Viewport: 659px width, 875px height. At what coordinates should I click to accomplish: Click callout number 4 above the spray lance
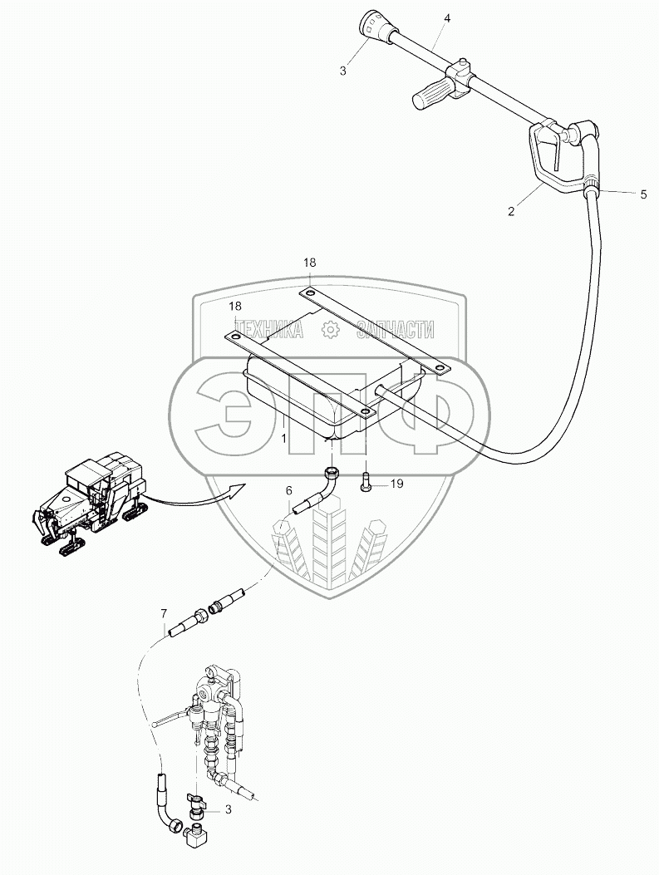point(448,17)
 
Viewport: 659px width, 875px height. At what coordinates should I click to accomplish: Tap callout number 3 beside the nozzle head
point(343,71)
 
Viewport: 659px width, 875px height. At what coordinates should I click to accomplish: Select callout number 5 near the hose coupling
point(642,194)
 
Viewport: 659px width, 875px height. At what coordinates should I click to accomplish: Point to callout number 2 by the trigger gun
point(512,211)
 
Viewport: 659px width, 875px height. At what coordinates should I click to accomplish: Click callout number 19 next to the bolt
point(396,483)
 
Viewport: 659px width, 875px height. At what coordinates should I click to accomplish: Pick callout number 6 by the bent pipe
point(289,491)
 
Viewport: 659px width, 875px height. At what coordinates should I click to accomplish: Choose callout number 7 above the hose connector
point(164,614)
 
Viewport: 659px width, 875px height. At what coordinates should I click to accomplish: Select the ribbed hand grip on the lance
point(430,95)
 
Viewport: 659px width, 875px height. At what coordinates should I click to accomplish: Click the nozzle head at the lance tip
point(371,24)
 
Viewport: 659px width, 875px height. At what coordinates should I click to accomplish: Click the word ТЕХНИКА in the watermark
point(268,330)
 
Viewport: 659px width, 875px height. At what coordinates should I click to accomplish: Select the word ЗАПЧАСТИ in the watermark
point(395,330)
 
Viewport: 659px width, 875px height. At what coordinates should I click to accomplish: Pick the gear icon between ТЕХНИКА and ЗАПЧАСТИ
point(330,330)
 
